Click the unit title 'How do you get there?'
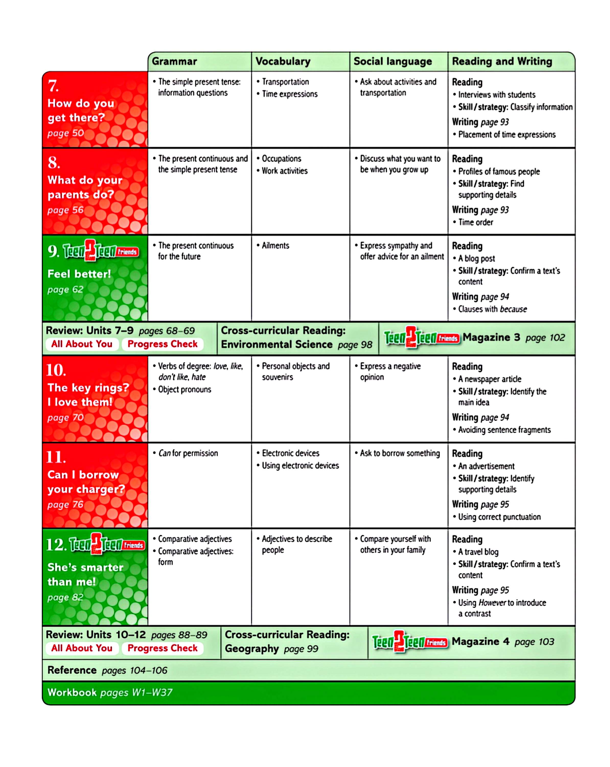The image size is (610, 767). tap(81, 110)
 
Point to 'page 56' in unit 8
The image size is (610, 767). tap(65, 210)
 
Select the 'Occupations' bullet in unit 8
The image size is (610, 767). tap(281, 159)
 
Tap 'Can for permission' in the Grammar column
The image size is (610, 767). tap(188, 453)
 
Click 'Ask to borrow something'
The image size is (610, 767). tap(399, 453)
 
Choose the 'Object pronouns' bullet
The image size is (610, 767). tap(184, 390)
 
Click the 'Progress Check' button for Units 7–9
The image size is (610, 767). tap(162, 344)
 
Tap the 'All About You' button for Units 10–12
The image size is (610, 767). tap(82, 648)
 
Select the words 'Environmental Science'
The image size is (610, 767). tap(276, 344)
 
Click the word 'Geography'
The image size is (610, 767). tap(251, 649)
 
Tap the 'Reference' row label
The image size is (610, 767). tap(72, 670)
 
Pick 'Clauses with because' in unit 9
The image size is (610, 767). tap(492, 309)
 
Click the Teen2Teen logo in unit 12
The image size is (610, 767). tap(107, 544)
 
